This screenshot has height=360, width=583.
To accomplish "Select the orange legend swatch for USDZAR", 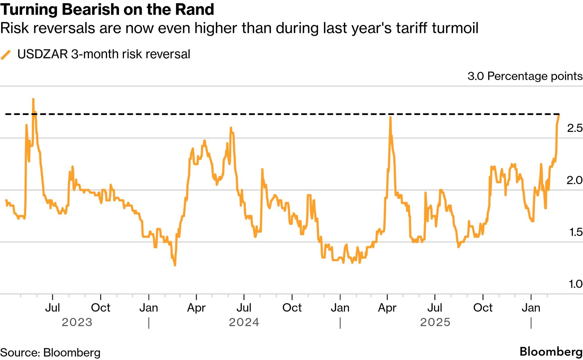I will coord(6,55).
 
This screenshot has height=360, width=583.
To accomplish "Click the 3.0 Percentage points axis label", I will coord(525,76).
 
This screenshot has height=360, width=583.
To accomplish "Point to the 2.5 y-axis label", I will coord(575,128).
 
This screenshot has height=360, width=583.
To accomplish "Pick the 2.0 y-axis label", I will coord(575,180).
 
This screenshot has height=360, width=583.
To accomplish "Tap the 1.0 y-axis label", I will coord(575,284).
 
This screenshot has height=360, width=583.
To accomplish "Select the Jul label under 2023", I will coord(53,308).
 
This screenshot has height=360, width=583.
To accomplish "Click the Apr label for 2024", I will coord(196,308).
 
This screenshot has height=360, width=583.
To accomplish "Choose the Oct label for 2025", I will coord(483,308).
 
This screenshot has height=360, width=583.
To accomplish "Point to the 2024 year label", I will coord(244,322).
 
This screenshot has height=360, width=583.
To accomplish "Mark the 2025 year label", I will coord(435,322).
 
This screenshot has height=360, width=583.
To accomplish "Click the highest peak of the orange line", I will coord(33,99).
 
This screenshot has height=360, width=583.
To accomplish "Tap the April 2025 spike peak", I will coord(390,117).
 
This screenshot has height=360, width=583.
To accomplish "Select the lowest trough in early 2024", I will coord(175,265).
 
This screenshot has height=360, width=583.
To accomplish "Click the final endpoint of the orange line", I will coord(559,115).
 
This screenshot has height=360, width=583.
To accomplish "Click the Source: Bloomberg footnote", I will coord(50,353).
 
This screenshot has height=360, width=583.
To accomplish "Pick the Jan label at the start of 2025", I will coord(340,308).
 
